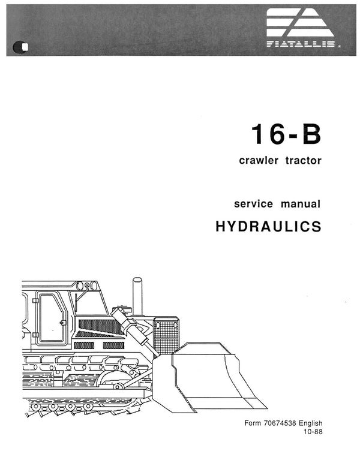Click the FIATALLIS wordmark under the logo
pos(301,44)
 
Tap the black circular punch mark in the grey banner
pos(20,47)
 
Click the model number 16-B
pos(286,134)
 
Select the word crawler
pos(259,161)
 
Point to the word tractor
pos(304,161)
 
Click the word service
pos(253,204)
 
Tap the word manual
pos(301,204)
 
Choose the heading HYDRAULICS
pos(268,226)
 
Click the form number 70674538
pos(280,423)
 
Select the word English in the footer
pos(310,423)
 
